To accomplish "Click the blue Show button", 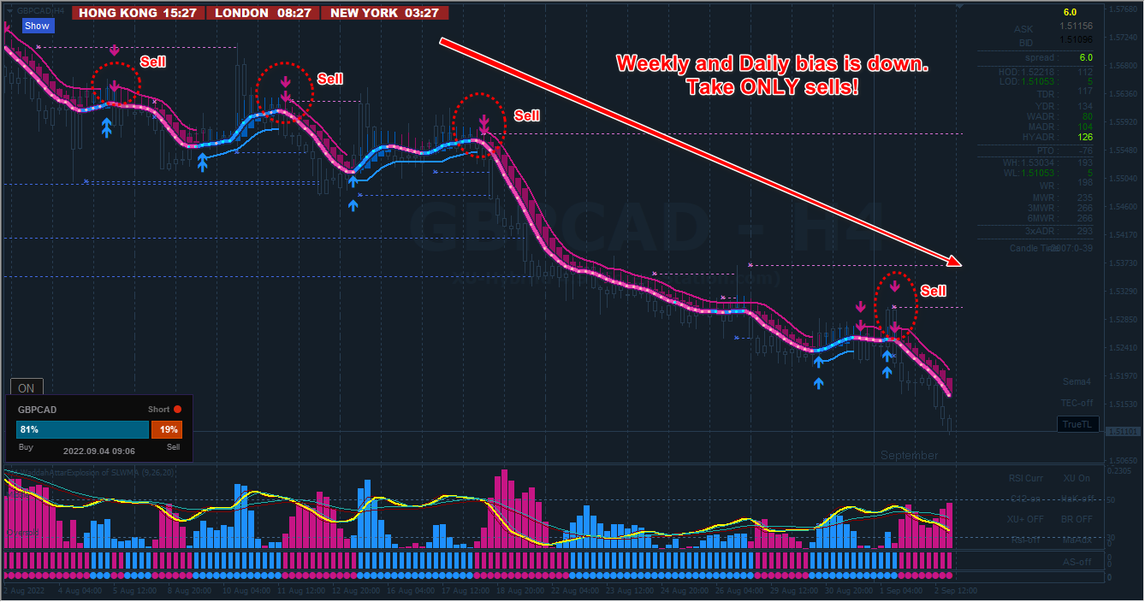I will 37,26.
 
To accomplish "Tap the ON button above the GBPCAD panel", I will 27,388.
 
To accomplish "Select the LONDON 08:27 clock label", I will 264,13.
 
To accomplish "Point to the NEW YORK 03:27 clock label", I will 384,13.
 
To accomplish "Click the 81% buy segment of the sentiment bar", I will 82,429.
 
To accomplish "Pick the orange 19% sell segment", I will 166,429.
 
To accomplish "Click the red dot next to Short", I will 178,410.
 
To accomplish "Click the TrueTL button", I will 1077,424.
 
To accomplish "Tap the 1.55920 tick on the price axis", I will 1122,122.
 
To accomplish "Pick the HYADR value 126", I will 1085,137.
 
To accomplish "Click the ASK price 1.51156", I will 1076,27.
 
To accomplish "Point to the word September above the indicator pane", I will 909,456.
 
